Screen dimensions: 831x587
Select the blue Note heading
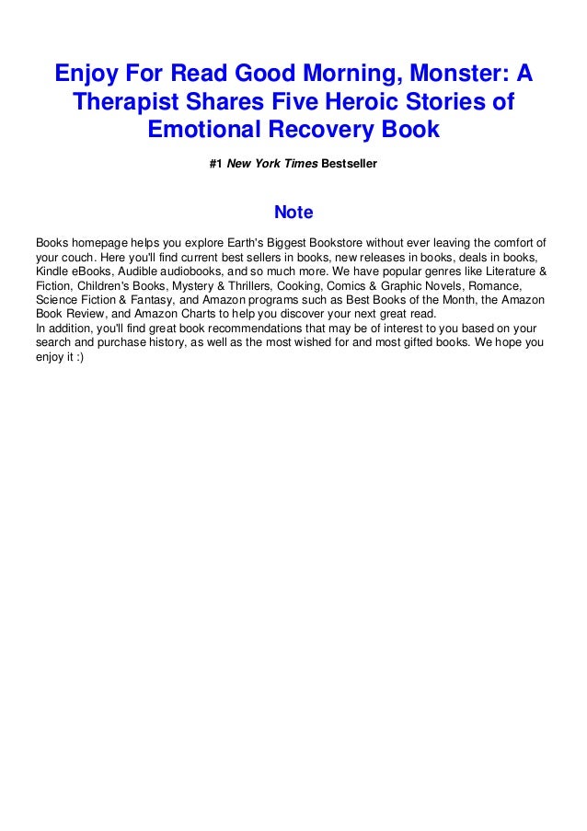(293, 213)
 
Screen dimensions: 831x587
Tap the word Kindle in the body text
(52, 272)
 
